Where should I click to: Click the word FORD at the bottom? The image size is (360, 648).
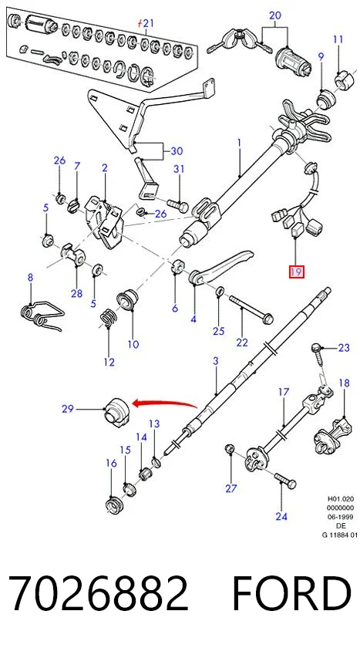[291, 594]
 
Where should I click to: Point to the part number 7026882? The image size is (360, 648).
[98, 594]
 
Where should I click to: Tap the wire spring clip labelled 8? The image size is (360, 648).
[42, 313]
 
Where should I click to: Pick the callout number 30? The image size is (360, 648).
[177, 151]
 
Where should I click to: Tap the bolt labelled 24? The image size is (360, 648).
[285, 481]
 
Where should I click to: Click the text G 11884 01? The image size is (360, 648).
[340, 535]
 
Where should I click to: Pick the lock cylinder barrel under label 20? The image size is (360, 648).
[292, 59]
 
